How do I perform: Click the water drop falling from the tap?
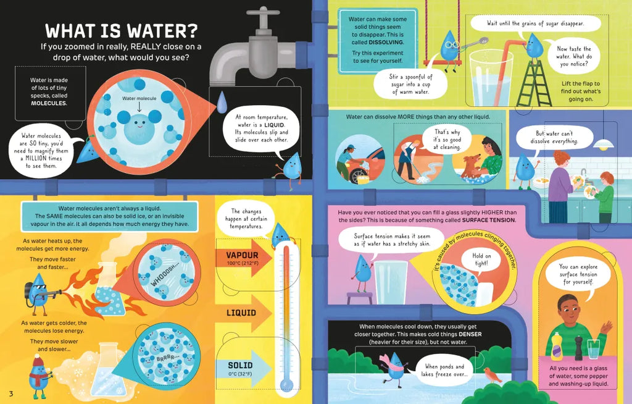222,103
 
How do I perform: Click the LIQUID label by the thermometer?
241,313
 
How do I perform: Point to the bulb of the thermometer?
286,383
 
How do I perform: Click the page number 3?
11,393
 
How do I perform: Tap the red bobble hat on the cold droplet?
38,361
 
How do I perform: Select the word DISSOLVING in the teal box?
386,42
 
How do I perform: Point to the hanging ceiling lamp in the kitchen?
604,144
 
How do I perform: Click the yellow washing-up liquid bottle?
557,347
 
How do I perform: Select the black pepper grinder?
579,348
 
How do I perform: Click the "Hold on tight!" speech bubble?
481,260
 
